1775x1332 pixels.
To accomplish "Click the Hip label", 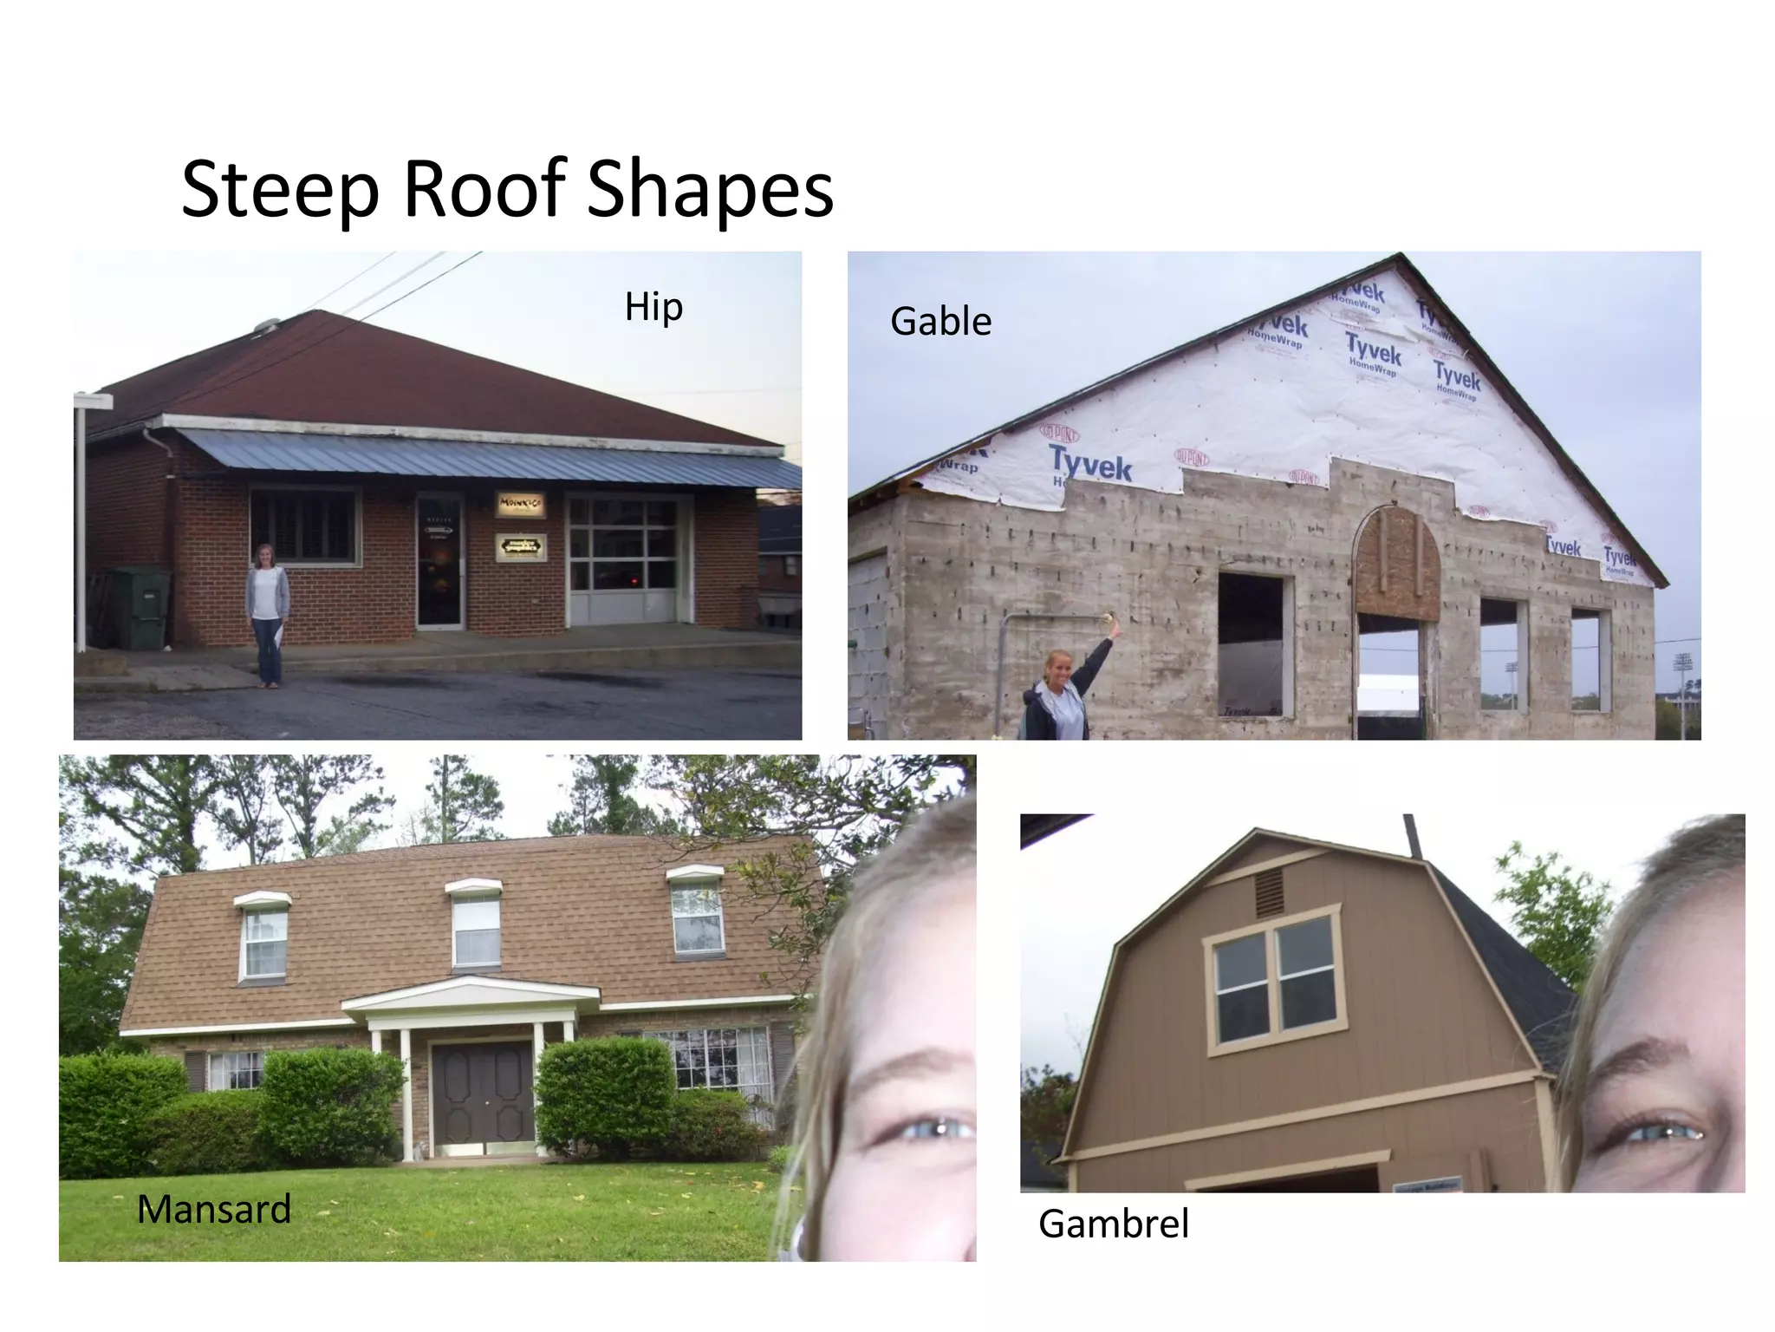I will click(x=653, y=308).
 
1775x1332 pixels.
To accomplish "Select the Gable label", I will click(x=940, y=322).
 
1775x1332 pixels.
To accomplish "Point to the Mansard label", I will click(x=214, y=1209).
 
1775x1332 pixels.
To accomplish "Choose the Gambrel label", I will click(x=1113, y=1224).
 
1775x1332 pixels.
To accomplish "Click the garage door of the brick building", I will click(x=622, y=558).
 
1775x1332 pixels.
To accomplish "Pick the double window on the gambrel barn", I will click(x=1274, y=980).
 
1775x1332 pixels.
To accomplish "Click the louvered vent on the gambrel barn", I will click(x=1269, y=893).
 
